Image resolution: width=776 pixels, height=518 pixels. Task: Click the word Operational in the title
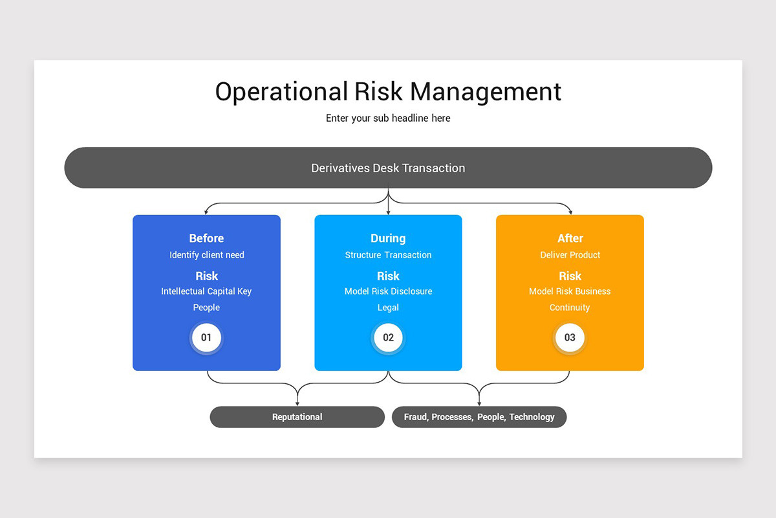[281, 92]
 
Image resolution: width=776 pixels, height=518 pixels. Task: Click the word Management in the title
[486, 92]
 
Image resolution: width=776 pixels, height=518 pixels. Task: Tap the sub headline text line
[388, 118]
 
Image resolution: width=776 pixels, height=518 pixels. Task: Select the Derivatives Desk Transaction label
[388, 168]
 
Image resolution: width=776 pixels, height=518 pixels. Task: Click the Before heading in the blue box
[206, 238]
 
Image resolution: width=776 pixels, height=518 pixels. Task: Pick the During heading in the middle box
[388, 238]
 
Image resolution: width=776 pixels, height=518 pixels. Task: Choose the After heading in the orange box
[570, 238]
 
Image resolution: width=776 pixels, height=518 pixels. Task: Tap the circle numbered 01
[206, 337]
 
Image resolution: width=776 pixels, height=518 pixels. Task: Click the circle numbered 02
[388, 337]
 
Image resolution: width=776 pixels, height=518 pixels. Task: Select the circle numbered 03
[570, 337]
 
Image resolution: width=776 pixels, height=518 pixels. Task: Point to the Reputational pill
[297, 417]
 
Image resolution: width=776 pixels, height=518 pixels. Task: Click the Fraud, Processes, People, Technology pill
[479, 417]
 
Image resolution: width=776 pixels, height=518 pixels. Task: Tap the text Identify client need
[207, 255]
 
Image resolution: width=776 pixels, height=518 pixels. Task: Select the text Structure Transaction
[388, 255]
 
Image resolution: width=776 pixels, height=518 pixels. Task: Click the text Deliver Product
[570, 255]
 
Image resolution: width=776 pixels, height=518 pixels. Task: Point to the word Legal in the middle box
[388, 308]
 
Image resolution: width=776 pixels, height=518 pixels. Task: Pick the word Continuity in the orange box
[570, 308]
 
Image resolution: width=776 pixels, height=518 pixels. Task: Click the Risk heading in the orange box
[570, 276]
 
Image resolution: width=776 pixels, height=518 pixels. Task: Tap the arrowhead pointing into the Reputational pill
[297, 404]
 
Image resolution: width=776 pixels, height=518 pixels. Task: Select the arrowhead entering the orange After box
[570, 212]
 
